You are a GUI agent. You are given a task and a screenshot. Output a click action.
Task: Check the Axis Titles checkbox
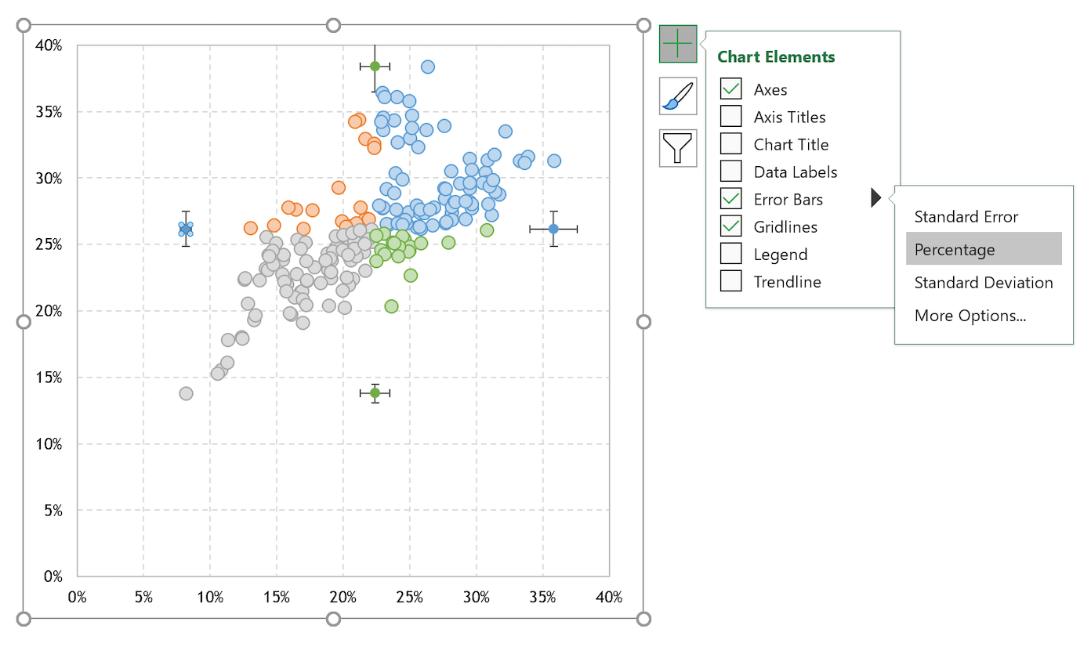click(x=730, y=117)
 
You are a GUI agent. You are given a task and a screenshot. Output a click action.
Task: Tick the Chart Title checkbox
click(x=730, y=144)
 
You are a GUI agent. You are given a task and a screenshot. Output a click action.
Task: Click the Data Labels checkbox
click(x=730, y=172)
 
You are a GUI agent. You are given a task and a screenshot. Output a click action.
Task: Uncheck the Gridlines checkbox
click(x=730, y=226)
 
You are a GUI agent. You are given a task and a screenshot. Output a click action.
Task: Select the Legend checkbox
click(x=730, y=254)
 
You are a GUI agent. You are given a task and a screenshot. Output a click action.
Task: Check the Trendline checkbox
click(x=730, y=281)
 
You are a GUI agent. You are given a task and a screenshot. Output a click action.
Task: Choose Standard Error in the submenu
click(x=966, y=217)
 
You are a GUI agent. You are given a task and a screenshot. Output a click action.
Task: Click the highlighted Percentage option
click(x=983, y=249)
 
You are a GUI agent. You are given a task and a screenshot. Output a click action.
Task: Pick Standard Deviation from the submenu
click(x=983, y=283)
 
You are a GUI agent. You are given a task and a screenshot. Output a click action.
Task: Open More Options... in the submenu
click(x=970, y=316)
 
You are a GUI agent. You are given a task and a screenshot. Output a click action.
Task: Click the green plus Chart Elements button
click(x=678, y=44)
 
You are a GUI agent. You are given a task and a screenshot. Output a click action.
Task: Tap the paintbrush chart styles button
click(x=678, y=96)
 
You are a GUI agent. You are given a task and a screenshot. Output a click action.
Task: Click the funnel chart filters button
click(x=678, y=147)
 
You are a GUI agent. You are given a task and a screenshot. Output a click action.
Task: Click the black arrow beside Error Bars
click(x=876, y=199)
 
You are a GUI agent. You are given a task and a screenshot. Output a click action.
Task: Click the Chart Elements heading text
click(x=776, y=57)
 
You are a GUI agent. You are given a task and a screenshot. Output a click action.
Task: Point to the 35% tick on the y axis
click(x=48, y=112)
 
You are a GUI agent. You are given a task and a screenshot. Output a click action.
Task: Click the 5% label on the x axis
click(x=143, y=598)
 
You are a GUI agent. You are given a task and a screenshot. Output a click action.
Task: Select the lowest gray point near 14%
click(x=186, y=393)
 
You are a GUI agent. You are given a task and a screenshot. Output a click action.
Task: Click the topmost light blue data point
click(x=428, y=67)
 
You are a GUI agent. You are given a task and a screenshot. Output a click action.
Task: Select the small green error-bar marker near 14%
click(x=375, y=392)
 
